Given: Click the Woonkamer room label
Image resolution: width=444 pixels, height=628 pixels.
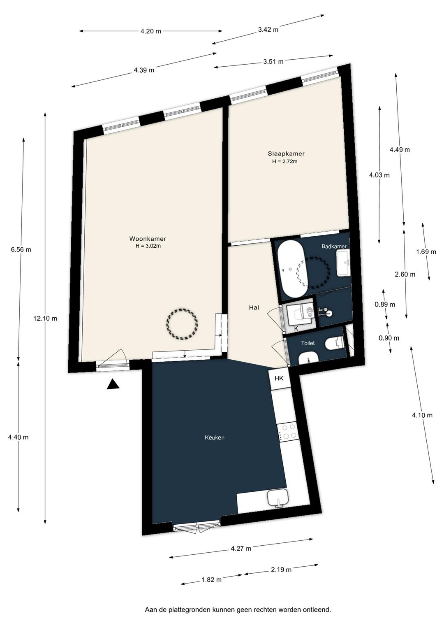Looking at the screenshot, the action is pyautogui.click(x=148, y=239).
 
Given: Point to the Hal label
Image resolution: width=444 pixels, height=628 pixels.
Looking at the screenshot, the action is pyautogui.click(x=254, y=307).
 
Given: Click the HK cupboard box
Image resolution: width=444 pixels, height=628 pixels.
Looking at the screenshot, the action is pyautogui.click(x=279, y=378).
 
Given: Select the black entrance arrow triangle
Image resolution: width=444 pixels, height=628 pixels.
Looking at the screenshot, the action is pyautogui.click(x=113, y=384).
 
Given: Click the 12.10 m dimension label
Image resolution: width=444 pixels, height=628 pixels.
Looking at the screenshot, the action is pyautogui.click(x=45, y=319).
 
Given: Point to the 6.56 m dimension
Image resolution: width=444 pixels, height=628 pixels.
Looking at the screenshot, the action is pyautogui.click(x=21, y=249).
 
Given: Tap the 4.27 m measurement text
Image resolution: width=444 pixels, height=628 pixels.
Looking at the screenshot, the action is pyautogui.click(x=241, y=549).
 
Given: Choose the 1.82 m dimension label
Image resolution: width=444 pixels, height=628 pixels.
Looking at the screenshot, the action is pyautogui.click(x=211, y=579).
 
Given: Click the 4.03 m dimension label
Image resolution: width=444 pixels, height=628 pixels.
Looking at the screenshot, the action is pyautogui.click(x=379, y=175).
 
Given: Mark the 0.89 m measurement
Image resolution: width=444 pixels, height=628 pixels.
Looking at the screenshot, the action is pyautogui.click(x=385, y=304).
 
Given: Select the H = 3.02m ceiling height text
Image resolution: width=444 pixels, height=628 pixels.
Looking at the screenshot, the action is pyautogui.click(x=148, y=246).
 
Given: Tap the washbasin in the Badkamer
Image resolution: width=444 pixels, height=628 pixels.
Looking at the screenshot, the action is pyautogui.click(x=343, y=263).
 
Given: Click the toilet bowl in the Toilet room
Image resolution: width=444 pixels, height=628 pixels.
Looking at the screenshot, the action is pyautogui.click(x=335, y=343).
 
